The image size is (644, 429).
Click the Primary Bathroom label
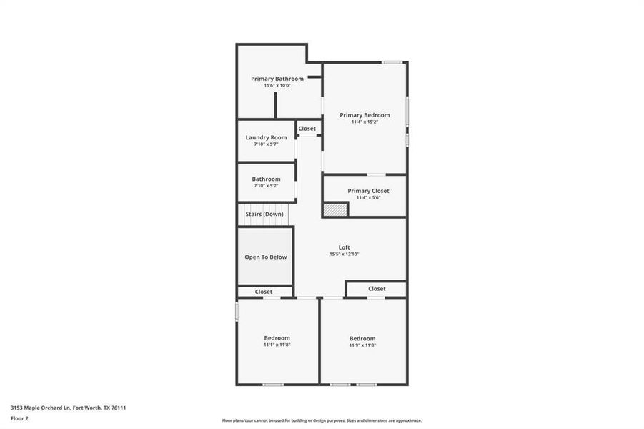[x=277, y=79]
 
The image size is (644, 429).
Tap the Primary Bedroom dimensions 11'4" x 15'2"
[x=365, y=122]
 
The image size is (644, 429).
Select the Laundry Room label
[x=266, y=137]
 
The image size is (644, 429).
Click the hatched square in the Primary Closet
[x=335, y=209]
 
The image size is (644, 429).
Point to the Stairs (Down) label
[x=264, y=214]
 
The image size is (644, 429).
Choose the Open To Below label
[x=265, y=257]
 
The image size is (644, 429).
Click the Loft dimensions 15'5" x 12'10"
[x=344, y=254]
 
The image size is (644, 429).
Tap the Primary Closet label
[x=368, y=191]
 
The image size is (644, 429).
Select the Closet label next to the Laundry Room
[x=307, y=129]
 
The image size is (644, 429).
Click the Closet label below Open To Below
[x=264, y=292]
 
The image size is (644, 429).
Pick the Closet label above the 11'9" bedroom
[x=377, y=289]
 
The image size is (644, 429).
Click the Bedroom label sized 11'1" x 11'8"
[x=277, y=338]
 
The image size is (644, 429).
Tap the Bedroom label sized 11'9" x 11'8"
[x=362, y=339]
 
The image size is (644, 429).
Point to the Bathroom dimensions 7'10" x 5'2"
[x=266, y=186]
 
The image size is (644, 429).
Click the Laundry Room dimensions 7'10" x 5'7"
[x=266, y=144]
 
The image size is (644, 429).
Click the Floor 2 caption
[x=19, y=418]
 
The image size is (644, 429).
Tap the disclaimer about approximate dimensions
[x=322, y=420]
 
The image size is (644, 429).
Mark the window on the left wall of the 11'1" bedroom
[x=237, y=311]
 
